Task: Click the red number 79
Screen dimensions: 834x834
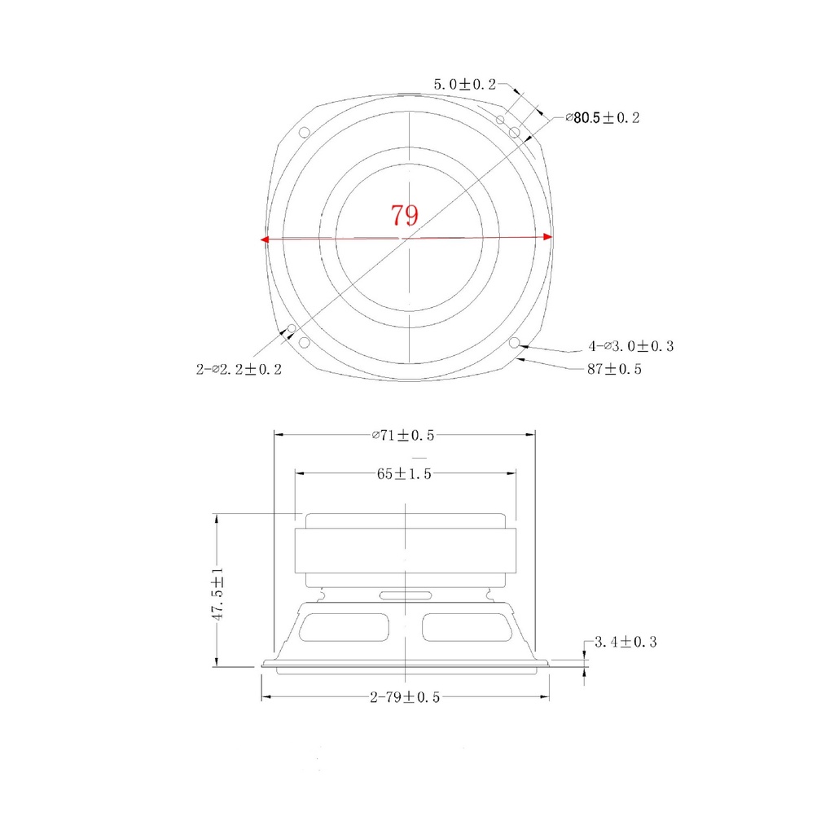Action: click(404, 215)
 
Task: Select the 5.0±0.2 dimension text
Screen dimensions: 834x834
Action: click(464, 84)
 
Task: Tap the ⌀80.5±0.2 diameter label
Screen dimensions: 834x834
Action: click(602, 117)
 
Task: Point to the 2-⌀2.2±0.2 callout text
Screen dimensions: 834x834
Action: click(239, 369)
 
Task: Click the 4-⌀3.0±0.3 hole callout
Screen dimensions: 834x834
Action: click(631, 346)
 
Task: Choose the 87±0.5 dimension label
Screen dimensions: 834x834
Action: click(614, 369)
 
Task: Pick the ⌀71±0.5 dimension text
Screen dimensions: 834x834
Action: click(403, 435)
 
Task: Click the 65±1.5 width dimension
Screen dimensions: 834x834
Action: click(404, 473)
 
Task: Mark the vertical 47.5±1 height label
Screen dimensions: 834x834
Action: click(217, 594)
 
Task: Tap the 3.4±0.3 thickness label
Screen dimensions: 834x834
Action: click(625, 642)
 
